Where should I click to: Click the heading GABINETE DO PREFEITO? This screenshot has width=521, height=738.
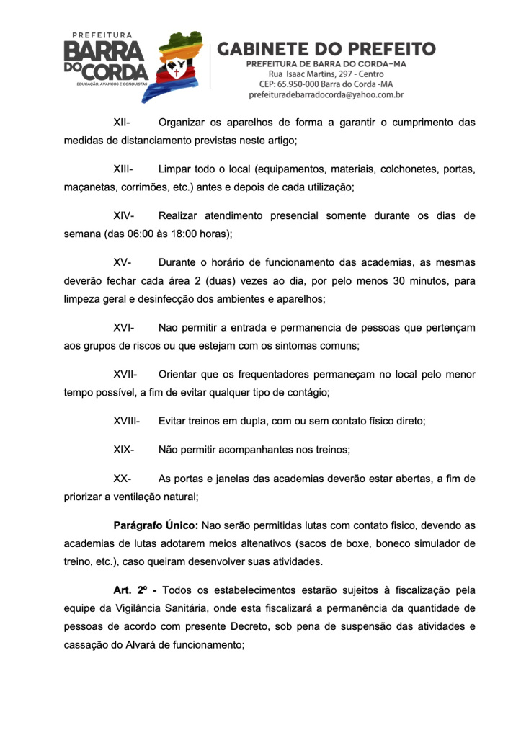tap(326, 50)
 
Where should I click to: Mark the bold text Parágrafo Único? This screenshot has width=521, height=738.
tap(156, 525)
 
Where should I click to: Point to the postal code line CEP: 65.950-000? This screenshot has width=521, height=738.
tap(326, 84)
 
